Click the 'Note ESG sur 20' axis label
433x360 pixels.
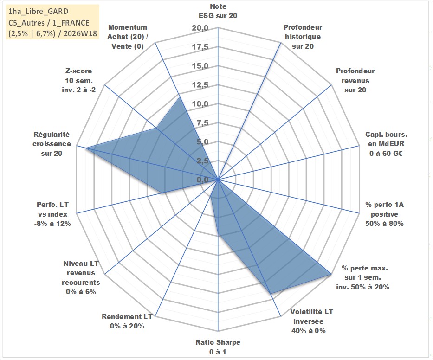pos(218,11)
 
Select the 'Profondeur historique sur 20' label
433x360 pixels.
pos(303,37)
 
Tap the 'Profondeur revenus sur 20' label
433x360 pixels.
pos(355,80)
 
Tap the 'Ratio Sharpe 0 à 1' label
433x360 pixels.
pos(218,347)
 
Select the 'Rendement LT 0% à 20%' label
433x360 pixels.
pos(127,321)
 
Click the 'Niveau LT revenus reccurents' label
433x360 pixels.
pos(81,277)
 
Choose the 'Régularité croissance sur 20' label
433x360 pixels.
pos(52,144)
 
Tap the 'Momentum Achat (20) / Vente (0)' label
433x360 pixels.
pos(127,37)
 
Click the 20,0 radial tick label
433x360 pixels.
pos(200,28)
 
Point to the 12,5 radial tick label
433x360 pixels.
pos(200,85)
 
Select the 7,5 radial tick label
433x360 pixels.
pos(202,123)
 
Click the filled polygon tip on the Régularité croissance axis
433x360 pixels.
pos(86,148)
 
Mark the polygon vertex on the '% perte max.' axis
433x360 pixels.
pos(331,274)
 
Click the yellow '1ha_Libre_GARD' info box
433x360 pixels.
pos(52,22)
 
